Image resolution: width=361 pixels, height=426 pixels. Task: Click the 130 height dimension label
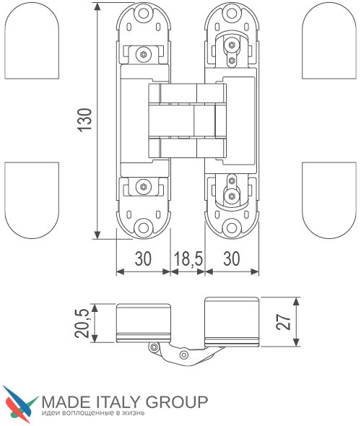click(x=84, y=121)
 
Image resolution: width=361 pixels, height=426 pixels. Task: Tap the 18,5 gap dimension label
click(x=188, y=259)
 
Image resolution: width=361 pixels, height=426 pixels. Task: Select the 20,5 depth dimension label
click(x=82, y=323)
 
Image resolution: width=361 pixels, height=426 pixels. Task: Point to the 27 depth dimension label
click(x=283, y=322)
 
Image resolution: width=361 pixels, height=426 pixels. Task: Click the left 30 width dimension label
click(x=143, y=258)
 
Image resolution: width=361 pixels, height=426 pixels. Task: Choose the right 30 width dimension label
click(x=232, y=258)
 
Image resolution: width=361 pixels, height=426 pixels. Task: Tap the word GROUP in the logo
click(x=177, y=402)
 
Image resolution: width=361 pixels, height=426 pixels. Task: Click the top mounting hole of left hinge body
click(x=143, y=13)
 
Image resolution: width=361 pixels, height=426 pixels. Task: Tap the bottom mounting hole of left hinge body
click(x=143, y=227)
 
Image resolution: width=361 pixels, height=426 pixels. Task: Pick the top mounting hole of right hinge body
click(x=232, y=13)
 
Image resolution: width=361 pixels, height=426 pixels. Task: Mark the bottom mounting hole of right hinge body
click(x=232, y=227)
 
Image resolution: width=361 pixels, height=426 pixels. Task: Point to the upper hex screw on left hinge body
click(x=143, y=55)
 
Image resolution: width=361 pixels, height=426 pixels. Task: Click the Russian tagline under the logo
click(x=93, y=414)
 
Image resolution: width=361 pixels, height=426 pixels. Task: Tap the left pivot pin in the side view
click(x=154, y=347)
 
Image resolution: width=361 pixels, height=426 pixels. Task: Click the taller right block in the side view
click(x=232, y=322)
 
